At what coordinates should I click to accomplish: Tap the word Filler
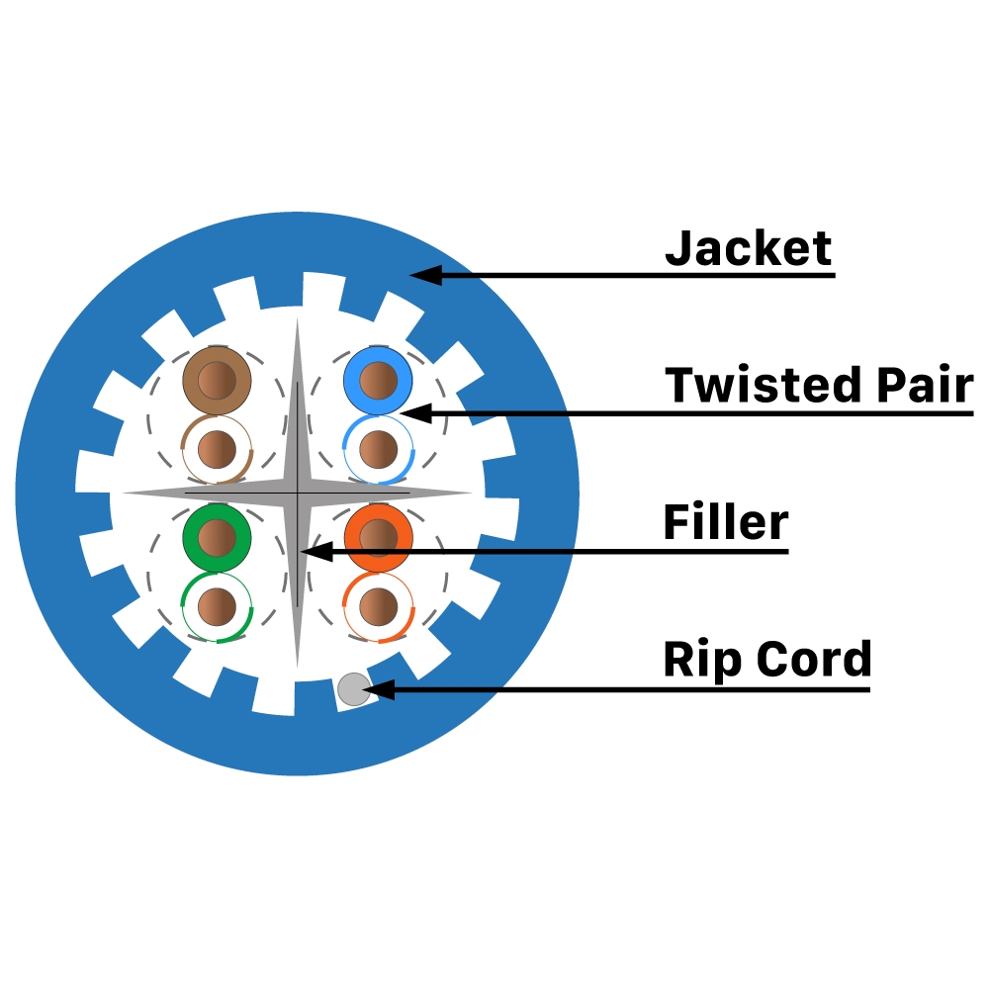pyautogui.click(x=725, y=521)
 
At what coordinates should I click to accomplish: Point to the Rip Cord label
pyautogui.click(x=766, y=659)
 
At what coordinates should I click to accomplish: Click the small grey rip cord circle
pyautogui.click(x=353, y=689)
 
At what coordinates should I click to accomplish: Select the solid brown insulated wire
pyautogui.click(x=218, y=380)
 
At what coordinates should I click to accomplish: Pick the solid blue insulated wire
pyautogui.click(x=378, y=380)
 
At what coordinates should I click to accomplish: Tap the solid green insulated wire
pyautogui.click(x=218, y=537)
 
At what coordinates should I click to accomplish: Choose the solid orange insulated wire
pyautogui.click(x=378, y=537)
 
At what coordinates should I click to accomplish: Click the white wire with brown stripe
pyautogui.click(x=218, y=450)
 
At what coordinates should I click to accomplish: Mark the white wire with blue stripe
pyautogui.click(x=378, y=450)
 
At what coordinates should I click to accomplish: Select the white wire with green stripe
pyautogui.click(x=218, y=605)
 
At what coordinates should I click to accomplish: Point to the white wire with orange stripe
pyautogui.click(x=378, y=605)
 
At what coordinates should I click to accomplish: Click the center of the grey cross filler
pyautogui.click(x=297, y=492)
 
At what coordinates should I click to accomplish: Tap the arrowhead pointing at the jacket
pyautogui.click(x=423, y=273)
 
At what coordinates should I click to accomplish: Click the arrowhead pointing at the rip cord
pyautogui.click(x=380, y=689)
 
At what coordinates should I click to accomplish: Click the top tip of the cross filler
pyautogui.click(x=297, y=321)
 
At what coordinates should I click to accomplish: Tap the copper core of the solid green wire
pyautogui.click(x=218, y=537)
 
